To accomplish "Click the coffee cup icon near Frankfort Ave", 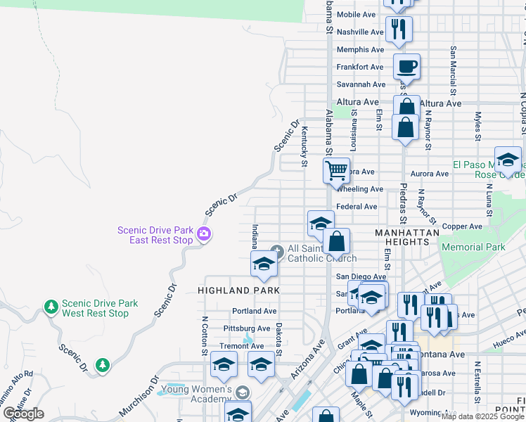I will click(406, 68).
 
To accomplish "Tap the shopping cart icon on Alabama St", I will click(337, 170).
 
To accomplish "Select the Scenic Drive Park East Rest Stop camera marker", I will click(204, 234).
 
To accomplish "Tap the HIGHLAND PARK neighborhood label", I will click(238, 290).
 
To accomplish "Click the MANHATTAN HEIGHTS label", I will click(407, 236).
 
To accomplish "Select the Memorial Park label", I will click(473, 247).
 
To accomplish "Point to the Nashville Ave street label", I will click(359, 32).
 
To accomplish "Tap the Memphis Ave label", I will click(360, 49).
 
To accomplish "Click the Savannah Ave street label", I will click(360, 84).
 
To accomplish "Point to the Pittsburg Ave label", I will click(246, 328).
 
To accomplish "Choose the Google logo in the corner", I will click(23, 414).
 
